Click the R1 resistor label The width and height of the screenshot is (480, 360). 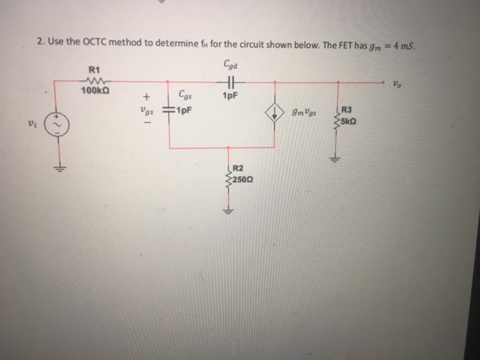[x=95, y=69]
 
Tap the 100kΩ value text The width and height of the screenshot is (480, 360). [x=95, y=90]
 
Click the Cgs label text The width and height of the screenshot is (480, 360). [x=185, y=97]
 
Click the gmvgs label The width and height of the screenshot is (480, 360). [x=303, y=115]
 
